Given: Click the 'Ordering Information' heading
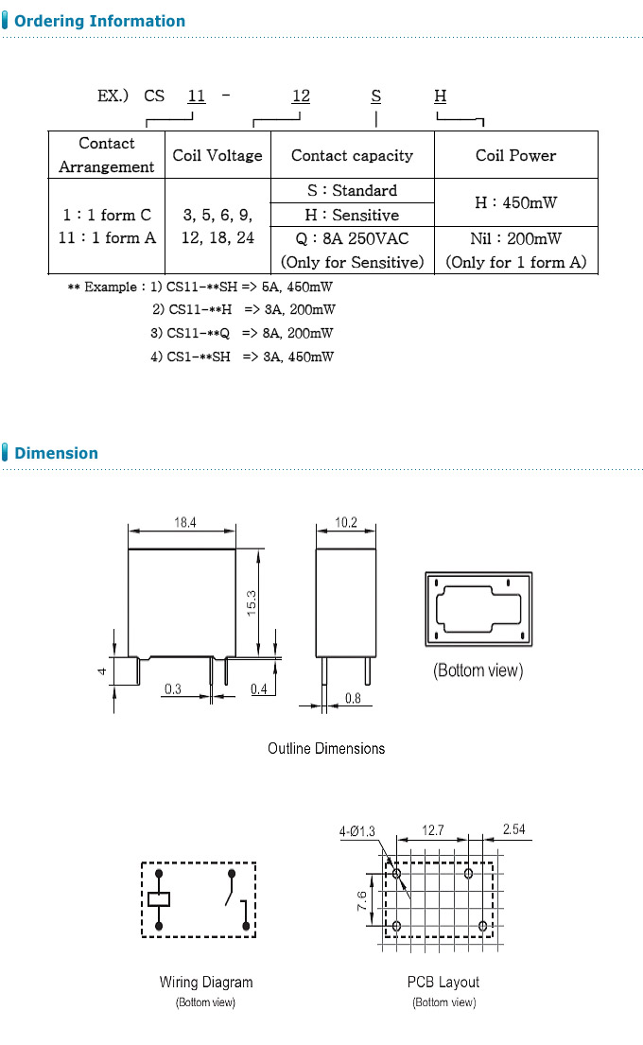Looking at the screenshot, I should (x=99, y=21).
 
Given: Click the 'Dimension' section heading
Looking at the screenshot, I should (x=56, y=453).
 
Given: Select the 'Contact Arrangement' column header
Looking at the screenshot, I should (x=106, y=155).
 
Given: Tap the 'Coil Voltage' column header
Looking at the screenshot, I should (x=217, y=155).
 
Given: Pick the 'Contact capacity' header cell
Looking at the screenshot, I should (x=352, y=155).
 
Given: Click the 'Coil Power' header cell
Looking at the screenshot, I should (x=515, y=155).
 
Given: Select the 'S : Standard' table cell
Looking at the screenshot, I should (x=352, y=190).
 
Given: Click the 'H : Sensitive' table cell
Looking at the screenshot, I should (x=352, y=215).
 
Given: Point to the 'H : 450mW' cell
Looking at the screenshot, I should (x=515, y=202).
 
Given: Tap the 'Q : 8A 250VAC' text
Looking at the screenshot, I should (x=352, y=238).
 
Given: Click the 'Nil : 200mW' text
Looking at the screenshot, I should (x=515, y=238).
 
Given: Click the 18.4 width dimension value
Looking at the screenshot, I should (x=185, y=521).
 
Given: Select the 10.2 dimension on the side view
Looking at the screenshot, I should (x=345, y=521).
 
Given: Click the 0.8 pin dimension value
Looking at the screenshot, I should (x=353, y=699).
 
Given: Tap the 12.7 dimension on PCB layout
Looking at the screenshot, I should (x=432, y=830).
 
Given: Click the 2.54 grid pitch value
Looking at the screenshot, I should (x=513, y=830).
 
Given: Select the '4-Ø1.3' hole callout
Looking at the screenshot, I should (x=357, y=832).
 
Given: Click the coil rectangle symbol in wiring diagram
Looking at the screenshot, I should (x=159, y=899).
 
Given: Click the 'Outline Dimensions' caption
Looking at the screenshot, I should (x=326, y=748).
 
